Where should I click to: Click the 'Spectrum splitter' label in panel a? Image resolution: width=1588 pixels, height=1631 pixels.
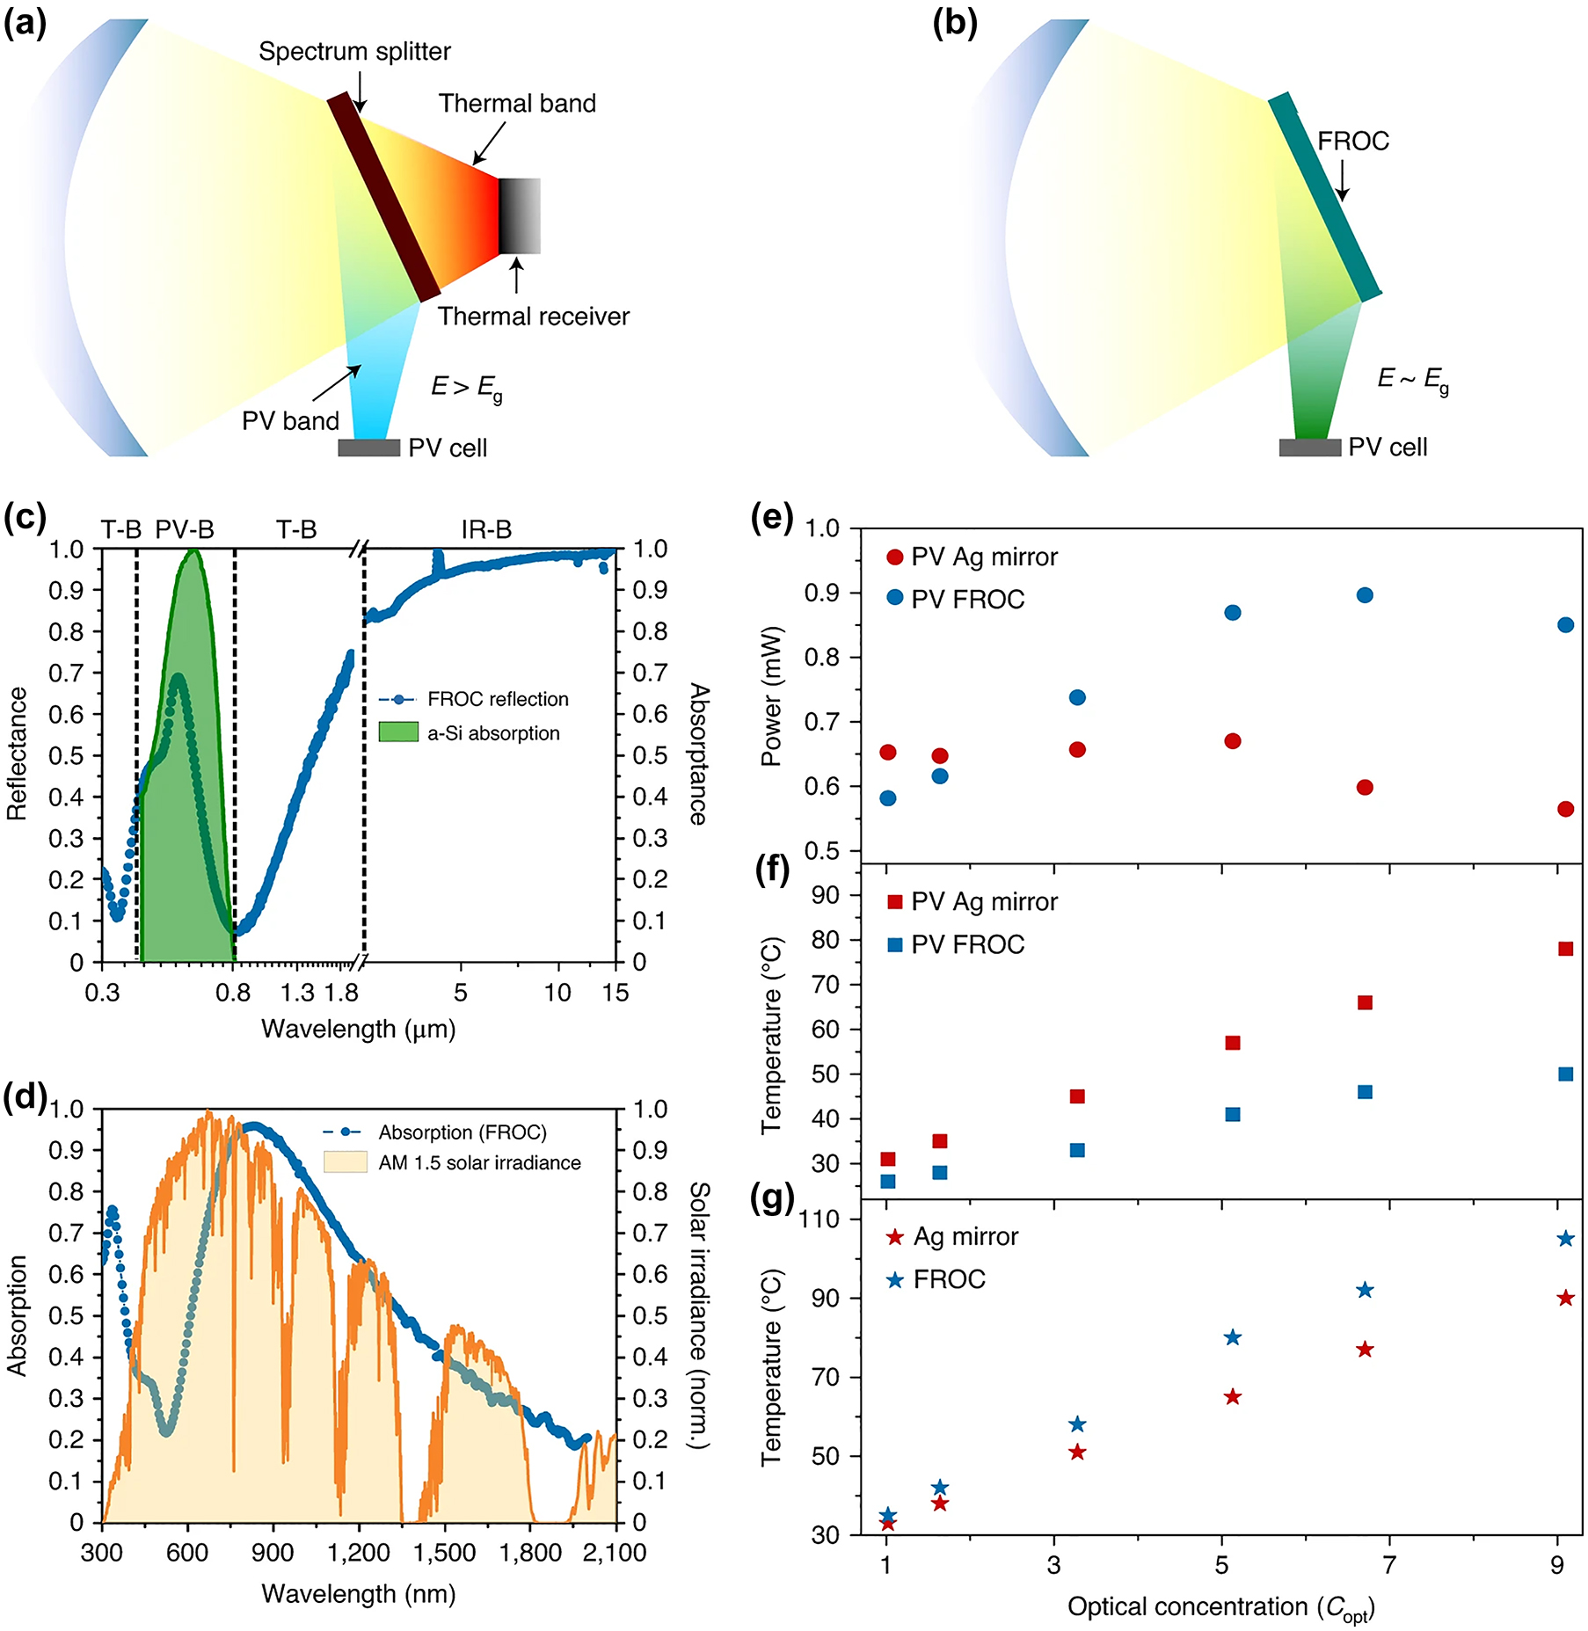click(x=354, y=52)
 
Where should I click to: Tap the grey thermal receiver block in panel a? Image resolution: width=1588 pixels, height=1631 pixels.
click(x=520, y=216)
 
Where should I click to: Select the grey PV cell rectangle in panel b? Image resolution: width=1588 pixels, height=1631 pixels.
click(x=1309, y=448)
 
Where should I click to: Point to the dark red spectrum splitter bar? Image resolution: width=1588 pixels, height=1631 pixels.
click(x=383, y=197)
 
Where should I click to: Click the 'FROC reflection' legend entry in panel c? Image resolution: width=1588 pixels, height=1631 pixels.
click(x=497, y=699)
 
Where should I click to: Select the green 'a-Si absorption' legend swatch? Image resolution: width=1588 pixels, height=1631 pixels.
click(x=398, y=732)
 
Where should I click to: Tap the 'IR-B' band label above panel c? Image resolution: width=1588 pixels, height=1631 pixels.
click(x=486, y=529)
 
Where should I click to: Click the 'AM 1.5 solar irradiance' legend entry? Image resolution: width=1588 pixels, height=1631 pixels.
click(x=479, y=1162)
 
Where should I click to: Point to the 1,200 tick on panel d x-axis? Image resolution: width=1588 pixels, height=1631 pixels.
click(x=358, y=1553)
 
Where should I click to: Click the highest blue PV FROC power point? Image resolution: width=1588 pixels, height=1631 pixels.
click(x=1365, y=595)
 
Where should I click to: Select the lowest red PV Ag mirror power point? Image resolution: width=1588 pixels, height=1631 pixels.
click(x=1565, y=809)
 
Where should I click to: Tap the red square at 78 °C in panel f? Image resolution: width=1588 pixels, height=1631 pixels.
click(x=1565, y=949)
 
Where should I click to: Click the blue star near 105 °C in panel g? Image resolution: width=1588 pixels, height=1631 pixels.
click(x=1565, y=1239)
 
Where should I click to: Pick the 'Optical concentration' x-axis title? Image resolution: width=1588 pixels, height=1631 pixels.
click(x=1220, y=1607)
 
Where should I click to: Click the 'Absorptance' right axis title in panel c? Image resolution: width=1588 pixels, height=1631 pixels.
click(x=698, y=754)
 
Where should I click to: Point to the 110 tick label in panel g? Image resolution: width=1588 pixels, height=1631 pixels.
click(x=820, y=1219)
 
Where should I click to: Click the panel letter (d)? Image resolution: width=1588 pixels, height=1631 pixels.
click(x=25, y=1097)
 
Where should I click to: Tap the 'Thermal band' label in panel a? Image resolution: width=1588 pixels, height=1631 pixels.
click(x=517, y=104)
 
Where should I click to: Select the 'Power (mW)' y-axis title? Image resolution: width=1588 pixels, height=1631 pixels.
click(x=771, y=696)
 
